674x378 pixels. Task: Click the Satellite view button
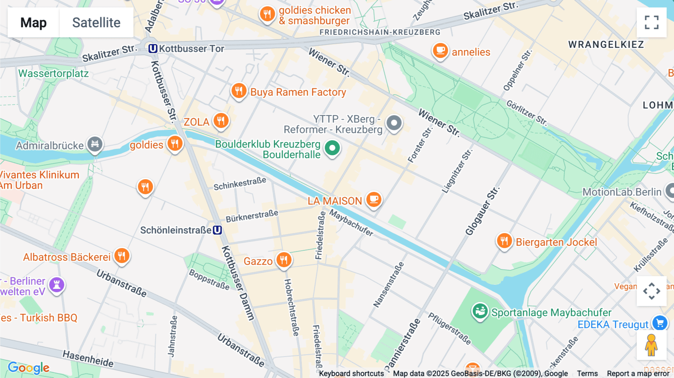(x=96, y=22)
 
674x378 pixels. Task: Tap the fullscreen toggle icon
(x=652, y=22)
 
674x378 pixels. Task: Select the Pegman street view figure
(x=651, y=345)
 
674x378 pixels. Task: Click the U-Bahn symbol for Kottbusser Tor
(x=153, y=49)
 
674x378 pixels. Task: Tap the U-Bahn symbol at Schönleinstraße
(x=218, y=230)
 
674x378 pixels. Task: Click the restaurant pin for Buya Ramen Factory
(x=239, y=91)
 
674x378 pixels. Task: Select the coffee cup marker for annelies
(x=440, y=51)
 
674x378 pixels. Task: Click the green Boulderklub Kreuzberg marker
(x=332, y=148)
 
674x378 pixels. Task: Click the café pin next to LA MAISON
(x=373, y=199)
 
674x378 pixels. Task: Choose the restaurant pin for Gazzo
(x=284, y=260)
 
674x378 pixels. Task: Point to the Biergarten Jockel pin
(x=504, y=241)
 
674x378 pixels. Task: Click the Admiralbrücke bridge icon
(x=95, y=144)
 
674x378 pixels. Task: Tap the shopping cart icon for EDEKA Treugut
(x=660, y=323)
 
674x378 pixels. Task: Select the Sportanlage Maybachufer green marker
(x=480, y=311)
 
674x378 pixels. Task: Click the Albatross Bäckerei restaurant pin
(x=122, y=256)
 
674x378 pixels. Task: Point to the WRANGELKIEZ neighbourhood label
(x=606, y=45)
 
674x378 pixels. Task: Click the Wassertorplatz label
(x=54, y=73)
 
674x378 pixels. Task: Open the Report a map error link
(x=638, y=374)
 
